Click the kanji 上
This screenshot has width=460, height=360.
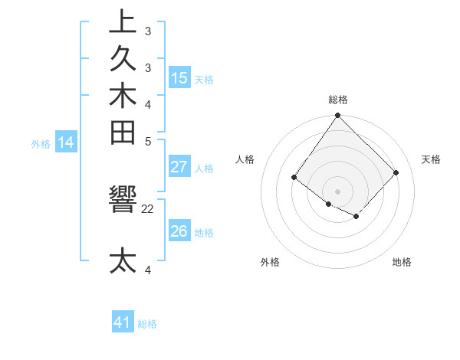click(123, 22)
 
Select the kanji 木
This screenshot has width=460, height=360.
click(123, 97)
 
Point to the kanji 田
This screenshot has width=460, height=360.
click(123, 134)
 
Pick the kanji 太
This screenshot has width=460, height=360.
click(123, 261)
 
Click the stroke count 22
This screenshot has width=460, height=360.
click(148, 208)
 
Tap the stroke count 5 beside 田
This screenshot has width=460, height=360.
click(148, 141)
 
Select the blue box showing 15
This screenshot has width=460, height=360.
click(179, 78)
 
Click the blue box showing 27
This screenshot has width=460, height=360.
click(179, 167)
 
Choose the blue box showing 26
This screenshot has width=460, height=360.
click(179, 231)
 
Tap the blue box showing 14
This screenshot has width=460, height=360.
click(66, 142)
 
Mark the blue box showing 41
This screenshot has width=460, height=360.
click(123, 322)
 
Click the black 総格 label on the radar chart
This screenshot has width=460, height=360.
click(338, 100)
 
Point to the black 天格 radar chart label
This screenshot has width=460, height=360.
click(432, 159)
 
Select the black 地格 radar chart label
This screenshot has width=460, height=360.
click(402, 262)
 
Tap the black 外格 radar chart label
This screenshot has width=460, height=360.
click(270, 262)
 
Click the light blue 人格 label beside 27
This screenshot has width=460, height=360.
click(204, 169)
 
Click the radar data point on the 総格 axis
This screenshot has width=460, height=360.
click(337, 116)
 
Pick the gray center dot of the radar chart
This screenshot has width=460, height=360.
click(337, 191)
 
